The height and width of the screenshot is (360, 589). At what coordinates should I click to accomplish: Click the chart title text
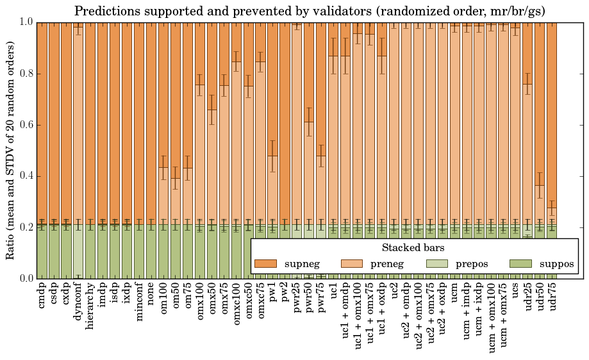pyautogui.click(x=310, y=11)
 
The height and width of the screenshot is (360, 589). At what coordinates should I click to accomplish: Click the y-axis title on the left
pyautogui.click(x=11, y=150)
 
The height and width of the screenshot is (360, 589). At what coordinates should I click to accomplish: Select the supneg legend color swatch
pyautogui.click(x=265, y=264)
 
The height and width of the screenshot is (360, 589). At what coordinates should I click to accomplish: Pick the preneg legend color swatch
pyautogui.click(x=351, y=264)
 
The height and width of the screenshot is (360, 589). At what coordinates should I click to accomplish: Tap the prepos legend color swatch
pyautogui.click(x=436, y=264)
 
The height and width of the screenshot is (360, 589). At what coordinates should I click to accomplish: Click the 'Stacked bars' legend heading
pyautogui.click(x=413, y=247)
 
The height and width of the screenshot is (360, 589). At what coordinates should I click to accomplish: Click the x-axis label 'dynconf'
pyautogui.click(x=78, y=304)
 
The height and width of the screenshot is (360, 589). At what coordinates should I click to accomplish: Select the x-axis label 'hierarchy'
pyautogui.click(x=90, y=307)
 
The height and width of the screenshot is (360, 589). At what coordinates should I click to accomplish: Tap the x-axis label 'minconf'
pyautogui.click(x=139, y=304)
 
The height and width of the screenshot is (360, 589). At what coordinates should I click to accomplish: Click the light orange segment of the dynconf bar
pyautogui.click(x=78, y=128)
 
